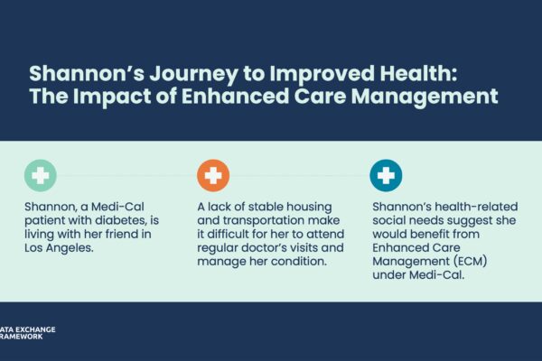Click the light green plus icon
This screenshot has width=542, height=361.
(x=40, y=175)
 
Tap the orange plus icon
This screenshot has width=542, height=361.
(x=213, y=175)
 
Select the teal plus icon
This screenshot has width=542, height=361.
(x=387, y=175)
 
